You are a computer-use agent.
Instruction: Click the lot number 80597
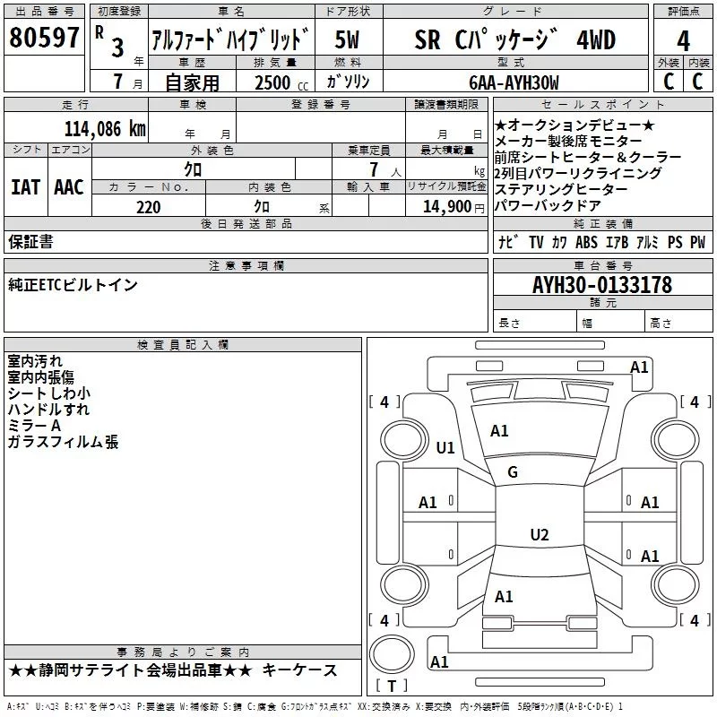44,39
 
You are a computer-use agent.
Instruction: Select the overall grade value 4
683,41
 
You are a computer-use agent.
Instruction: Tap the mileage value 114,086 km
104,128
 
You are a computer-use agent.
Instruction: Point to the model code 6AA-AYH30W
514,82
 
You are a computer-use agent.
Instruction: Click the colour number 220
149,207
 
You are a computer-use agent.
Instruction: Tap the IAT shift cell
25,187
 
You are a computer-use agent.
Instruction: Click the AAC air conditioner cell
69,187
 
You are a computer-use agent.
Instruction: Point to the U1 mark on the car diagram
445,448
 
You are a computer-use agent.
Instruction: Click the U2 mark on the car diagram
539,535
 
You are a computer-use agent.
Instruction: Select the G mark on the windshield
513,472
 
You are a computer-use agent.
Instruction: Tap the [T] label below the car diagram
391,687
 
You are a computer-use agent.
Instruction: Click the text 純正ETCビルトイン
73,285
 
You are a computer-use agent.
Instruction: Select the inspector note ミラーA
34,426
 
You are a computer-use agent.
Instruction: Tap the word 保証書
30,242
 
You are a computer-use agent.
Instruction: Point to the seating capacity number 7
372,169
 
